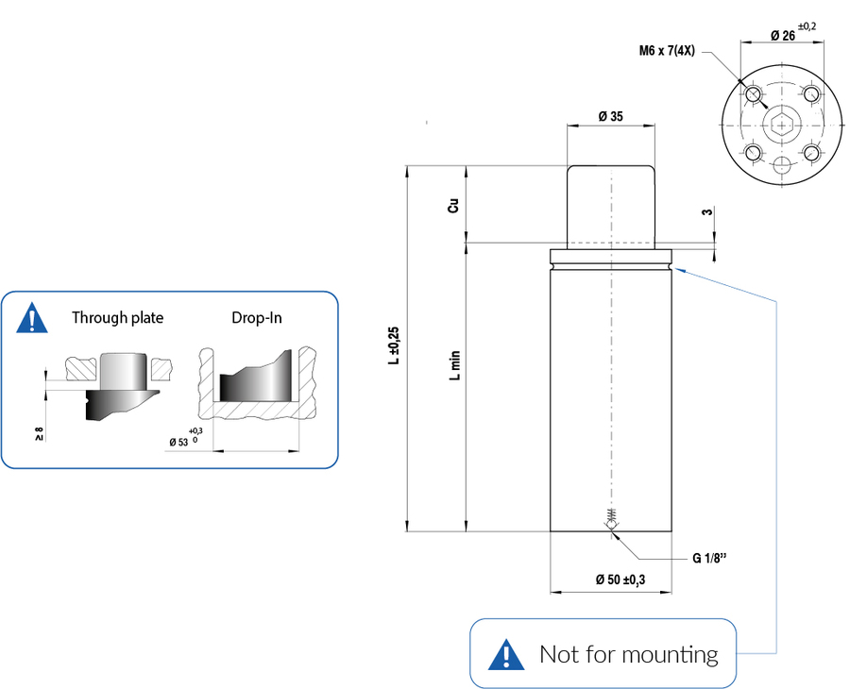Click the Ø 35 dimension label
click(x=611, y=117)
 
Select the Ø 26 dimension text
click(x=780, y=35)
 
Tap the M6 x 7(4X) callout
click(x=667, y=50)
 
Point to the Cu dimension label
click(x=454, y=206)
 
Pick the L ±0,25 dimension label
click(x=395, y=345)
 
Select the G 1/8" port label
click(x=709, y=558)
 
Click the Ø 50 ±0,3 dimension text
click(x=620, y=580)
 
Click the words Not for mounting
click(x=628, y=653)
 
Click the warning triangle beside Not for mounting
click(x=507, y=653)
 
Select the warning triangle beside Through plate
click(x=33, y=318)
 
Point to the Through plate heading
click(x=117, y=318)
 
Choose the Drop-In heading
click(x=256, y=318)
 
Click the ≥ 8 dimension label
click(x=40, y=433)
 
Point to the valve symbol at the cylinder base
click(x=612, y=520)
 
